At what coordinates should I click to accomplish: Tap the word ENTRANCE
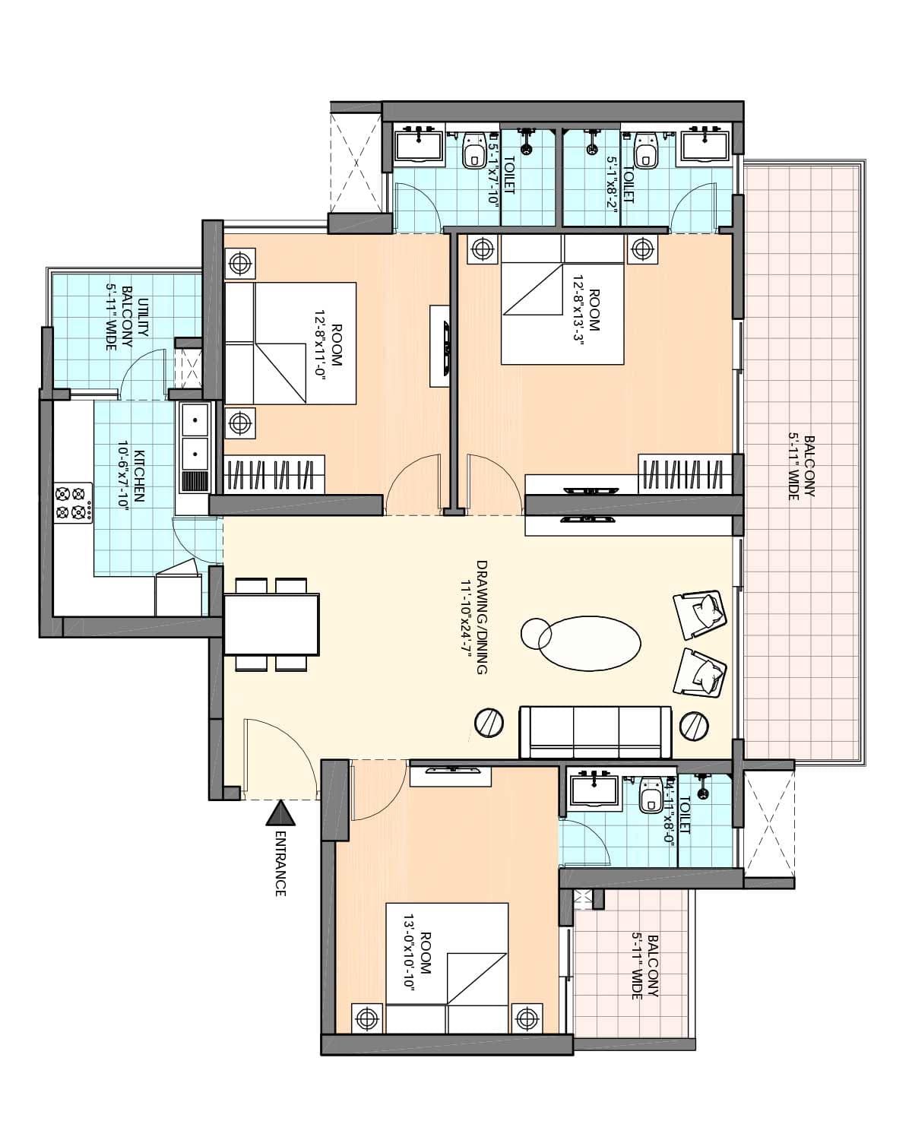click(x=280, y=863)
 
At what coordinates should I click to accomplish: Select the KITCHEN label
click(x=139, y=477)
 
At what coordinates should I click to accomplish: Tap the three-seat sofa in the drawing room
click(x=595, y=732)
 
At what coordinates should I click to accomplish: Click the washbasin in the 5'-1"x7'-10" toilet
click(x=418, y=145)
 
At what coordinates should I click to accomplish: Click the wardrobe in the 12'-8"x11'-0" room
click(x=274, y=474)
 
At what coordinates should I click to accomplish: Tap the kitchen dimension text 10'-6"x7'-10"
click(x=122, y=477)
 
